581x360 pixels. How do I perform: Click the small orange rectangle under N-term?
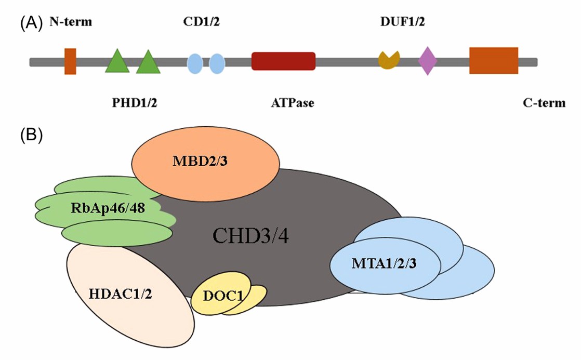point(70,61)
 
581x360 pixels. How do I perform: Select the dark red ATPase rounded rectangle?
point(283,61)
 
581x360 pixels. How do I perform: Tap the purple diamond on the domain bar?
point(428,61)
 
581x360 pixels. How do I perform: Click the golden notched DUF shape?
point(389,60)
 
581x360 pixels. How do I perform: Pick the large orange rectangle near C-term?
point(493,61)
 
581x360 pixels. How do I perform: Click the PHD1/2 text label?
point(134,103)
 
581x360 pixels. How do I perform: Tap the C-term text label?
point(544,103)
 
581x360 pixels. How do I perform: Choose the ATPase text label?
point(292,103)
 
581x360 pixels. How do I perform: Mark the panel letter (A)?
point(31,22)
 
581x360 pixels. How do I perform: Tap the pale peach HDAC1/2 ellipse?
point(130,301)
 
